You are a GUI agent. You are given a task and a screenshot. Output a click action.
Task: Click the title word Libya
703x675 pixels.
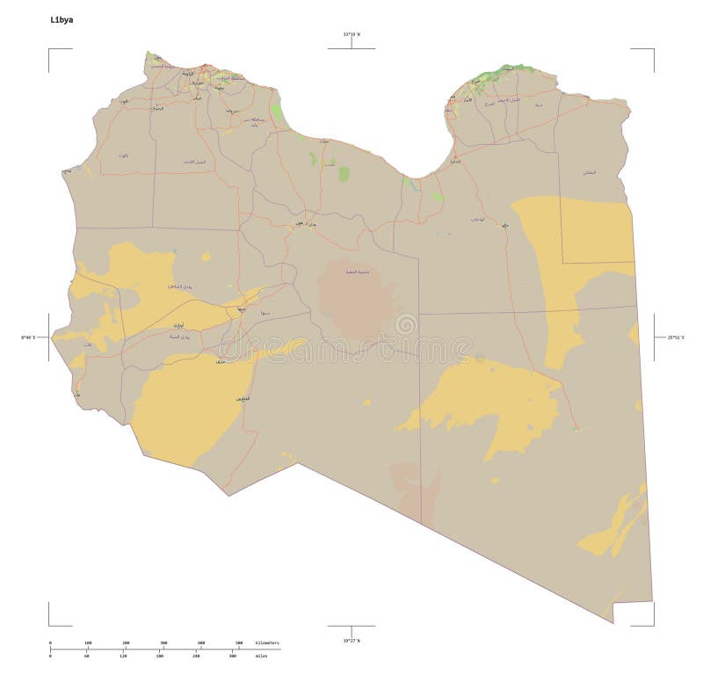click(x=62, y=18)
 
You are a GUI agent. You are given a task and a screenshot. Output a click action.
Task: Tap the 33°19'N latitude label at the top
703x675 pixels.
click(x=351, y=34)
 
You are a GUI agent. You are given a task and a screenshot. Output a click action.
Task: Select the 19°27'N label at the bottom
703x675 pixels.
click(x=351, y=640)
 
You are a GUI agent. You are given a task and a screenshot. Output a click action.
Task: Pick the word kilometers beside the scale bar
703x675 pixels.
click(x=267, y=643)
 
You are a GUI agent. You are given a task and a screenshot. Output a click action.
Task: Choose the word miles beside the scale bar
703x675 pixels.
click(x=262, y=656)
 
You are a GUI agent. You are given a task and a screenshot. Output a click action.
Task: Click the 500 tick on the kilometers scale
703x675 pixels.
click(x=238, y=643)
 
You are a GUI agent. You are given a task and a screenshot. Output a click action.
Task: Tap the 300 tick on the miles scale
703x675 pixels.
click(x=232, y=656)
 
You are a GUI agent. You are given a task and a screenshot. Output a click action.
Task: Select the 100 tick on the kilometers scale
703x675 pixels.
click(x=87, y=643)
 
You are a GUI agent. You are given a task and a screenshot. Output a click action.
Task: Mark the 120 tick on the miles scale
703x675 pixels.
click(x=123, y=656)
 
